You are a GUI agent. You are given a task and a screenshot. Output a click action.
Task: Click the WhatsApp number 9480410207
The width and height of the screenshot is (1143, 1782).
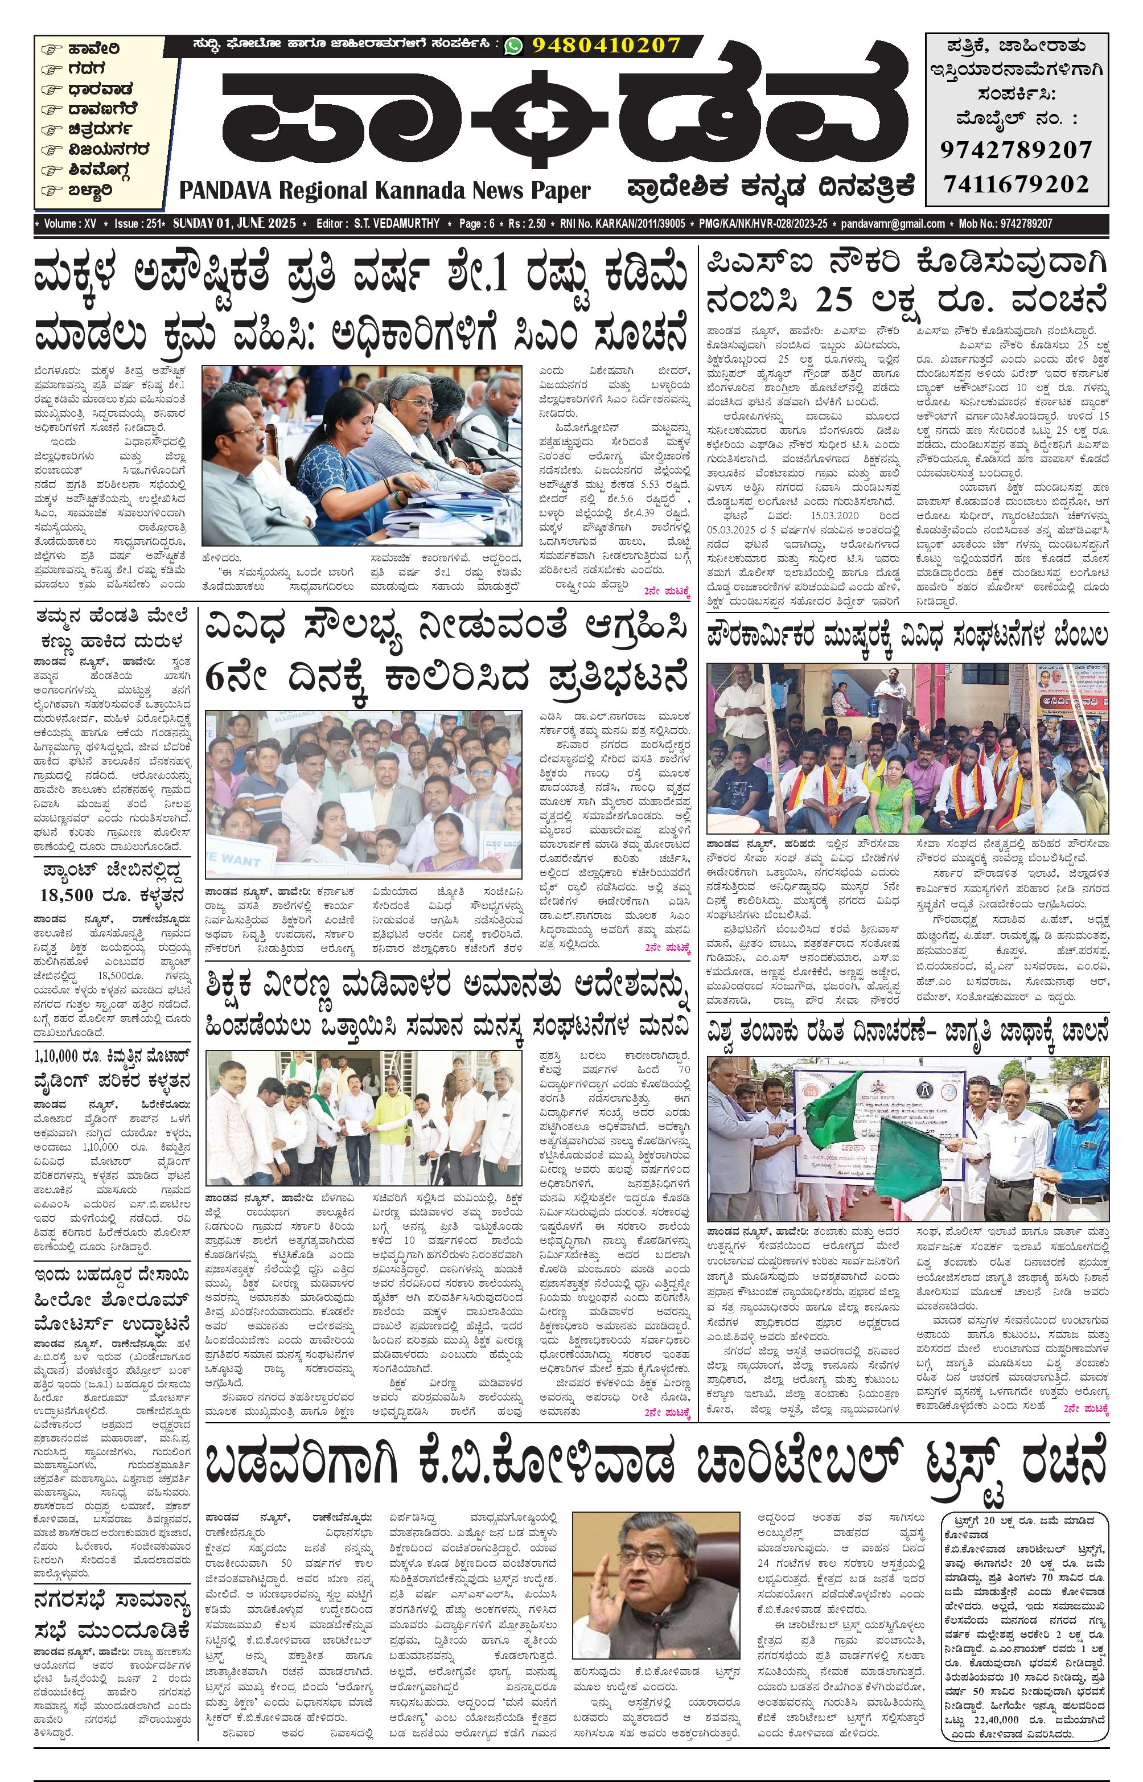(x=606, y=46)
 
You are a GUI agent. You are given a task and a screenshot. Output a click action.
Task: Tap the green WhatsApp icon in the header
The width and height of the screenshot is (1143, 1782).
(x=513, y=46)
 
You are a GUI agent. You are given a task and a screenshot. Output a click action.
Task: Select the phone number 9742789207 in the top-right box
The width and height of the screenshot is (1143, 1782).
(x=1016, y=149)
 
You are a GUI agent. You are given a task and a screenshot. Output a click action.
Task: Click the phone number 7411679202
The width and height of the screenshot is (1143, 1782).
(x=1016, y=183)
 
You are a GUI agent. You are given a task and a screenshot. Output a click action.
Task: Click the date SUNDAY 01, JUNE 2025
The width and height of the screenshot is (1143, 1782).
(x=235, y=223)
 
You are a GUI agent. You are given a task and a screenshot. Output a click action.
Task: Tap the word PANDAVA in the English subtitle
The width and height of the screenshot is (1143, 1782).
(x=225, y=191)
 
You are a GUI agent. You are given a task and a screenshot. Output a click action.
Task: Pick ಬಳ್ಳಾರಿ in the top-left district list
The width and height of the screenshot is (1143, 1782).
(x=90, y=190)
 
